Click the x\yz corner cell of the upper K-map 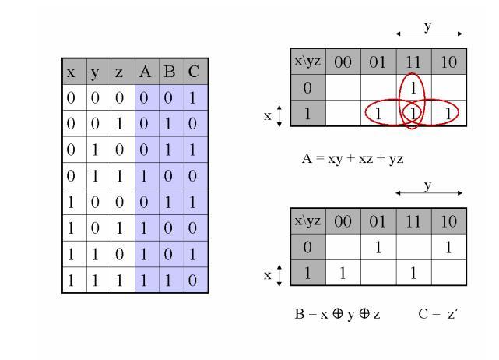[x=305, y=61]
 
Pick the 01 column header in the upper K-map [x=378, y=61]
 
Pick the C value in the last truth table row [x=194, y=280]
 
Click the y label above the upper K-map [x=427, y=26]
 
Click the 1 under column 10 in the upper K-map [x=448, y=114]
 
